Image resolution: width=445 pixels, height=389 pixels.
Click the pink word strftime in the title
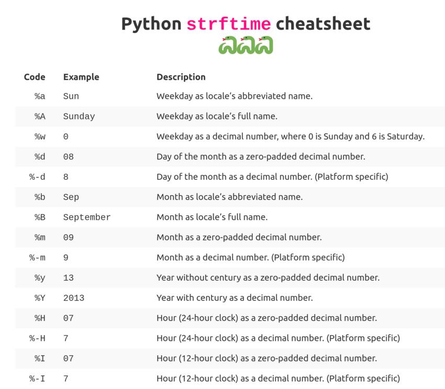click(x=229, y=24)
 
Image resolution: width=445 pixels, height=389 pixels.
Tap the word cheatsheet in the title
click(x=323, y=24)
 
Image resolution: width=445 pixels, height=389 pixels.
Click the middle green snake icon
click(x=246, y=45)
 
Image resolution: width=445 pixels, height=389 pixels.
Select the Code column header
click(x=35, y=77)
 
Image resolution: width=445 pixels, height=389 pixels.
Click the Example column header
click(x=81, y=77)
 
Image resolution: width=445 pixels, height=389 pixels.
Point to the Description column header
click(x=181, y=77)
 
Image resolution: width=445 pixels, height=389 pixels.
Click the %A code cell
click(x=40, y=116)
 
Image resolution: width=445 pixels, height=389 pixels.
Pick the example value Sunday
click(x=79, y=117)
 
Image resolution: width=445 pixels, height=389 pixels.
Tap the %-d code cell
click(x=37, y=177)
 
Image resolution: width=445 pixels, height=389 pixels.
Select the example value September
click(x=87, y=218)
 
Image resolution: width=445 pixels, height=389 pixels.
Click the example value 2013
click(x=74, y=298)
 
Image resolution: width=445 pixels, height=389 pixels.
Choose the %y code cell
click(x=40, y=278)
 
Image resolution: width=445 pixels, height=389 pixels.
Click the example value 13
click(x=69, y=278)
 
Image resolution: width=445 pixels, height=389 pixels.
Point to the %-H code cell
click(x=37, y=338)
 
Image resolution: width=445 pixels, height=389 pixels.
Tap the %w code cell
click(x=40, y=136)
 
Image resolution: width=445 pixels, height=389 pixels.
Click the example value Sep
click(x=71, y=198)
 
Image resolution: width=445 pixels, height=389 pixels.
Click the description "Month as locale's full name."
click(x=212, y=217)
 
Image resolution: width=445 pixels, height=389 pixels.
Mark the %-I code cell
click(x=37, y=379)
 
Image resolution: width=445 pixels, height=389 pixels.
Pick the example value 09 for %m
click(x=69, y=237)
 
